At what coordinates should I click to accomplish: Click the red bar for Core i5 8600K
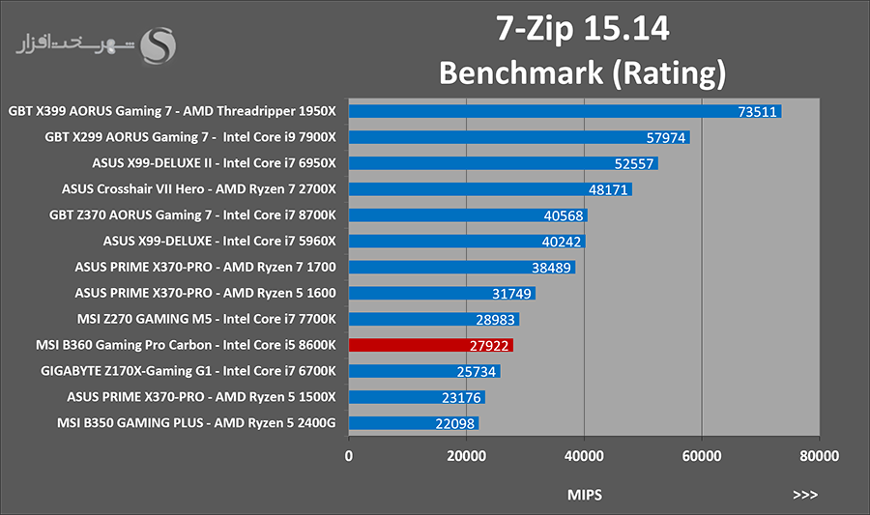pos(430,345)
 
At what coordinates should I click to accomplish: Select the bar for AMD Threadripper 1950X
pos(565,111)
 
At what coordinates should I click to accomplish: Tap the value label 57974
pos(666,137)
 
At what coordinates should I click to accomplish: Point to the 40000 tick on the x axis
pos(584,456)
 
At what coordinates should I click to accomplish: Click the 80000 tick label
pos(819,456)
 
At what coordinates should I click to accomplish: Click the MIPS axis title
pos(584,495)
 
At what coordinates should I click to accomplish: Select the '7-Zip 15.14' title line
pos(583,29)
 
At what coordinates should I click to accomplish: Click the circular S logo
pos(159,45)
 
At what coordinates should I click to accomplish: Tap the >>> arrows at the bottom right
pos(805,495)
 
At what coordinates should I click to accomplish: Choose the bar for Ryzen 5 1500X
pos(417,397)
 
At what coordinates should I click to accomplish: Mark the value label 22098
pos(455,423)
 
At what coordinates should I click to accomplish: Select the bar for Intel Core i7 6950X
pos(504,163)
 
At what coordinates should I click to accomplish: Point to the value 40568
pos(564,215)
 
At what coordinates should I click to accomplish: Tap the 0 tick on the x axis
pos(348,456)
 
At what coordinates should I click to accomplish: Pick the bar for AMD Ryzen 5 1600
pos(442,294)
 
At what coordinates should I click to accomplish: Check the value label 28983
pos(496,319)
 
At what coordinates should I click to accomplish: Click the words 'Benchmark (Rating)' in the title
pos(583,73)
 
